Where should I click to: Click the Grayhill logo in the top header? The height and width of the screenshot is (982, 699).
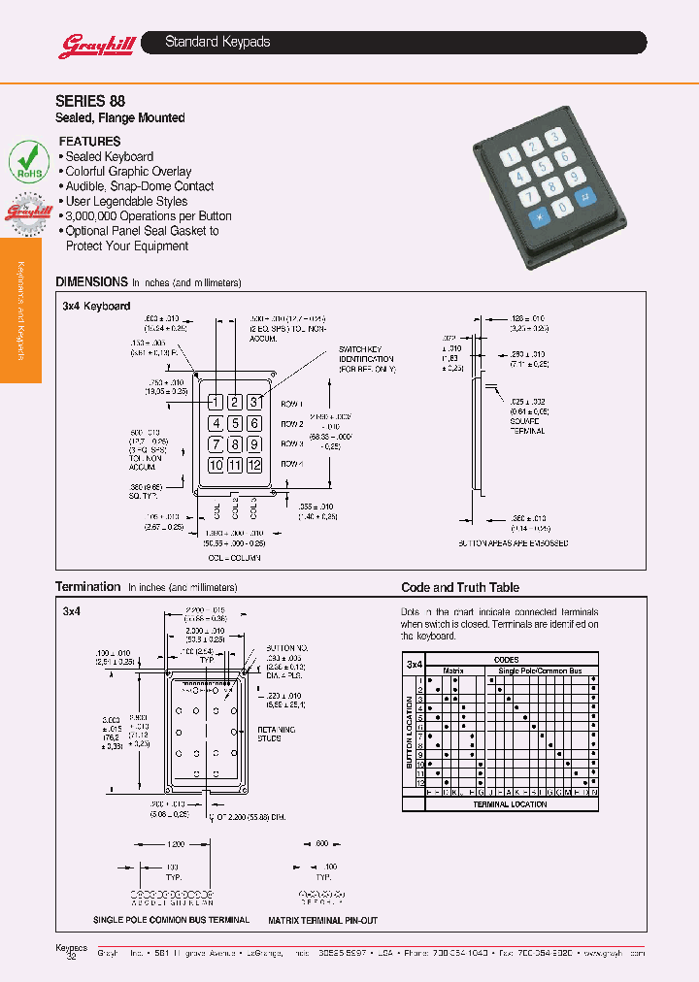(x=90, y=45)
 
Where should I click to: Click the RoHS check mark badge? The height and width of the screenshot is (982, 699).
(x=29, y=159)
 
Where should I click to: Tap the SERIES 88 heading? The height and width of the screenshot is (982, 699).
(x=90, y=100)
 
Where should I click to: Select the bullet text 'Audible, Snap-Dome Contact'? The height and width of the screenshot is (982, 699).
(x=139, y=186)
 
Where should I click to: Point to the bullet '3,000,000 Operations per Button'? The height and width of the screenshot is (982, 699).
(x=148, y=216)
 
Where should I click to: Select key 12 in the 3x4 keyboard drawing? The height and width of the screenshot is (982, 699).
(x=253, y=466)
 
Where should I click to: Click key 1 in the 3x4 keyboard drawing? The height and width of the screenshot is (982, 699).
(x=216, y=402)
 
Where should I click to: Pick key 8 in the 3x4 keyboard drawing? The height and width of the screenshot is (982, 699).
(x=235, y=444)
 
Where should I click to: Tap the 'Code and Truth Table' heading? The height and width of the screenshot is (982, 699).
(x=460, y=588)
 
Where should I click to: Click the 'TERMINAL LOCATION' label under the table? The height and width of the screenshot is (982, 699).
(x=510, y=804)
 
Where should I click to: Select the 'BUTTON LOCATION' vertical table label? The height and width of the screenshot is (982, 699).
(x=409, y=733)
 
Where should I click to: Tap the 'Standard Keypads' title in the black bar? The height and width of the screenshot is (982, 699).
(x=217, y=42)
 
